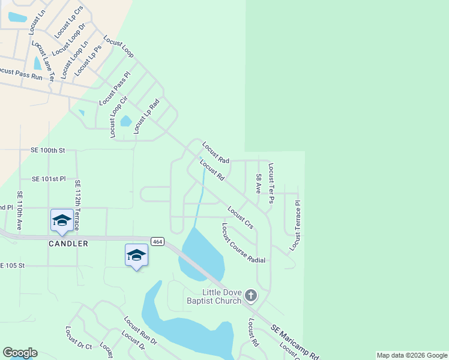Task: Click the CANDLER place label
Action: [x=68, y=244]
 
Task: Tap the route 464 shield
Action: [x=157, y=241]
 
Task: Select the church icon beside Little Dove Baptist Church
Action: [x=251, y=295]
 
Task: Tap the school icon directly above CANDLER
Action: [x=62, y=221]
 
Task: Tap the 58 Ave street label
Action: [x=259, y=184]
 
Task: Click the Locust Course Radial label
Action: [x=243, y=243]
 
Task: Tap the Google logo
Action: [x=20, y=353]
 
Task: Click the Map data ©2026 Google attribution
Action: [x=412, y=355]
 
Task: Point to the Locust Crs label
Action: [x=240, y=217]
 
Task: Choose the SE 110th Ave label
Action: [x=19, y=211]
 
